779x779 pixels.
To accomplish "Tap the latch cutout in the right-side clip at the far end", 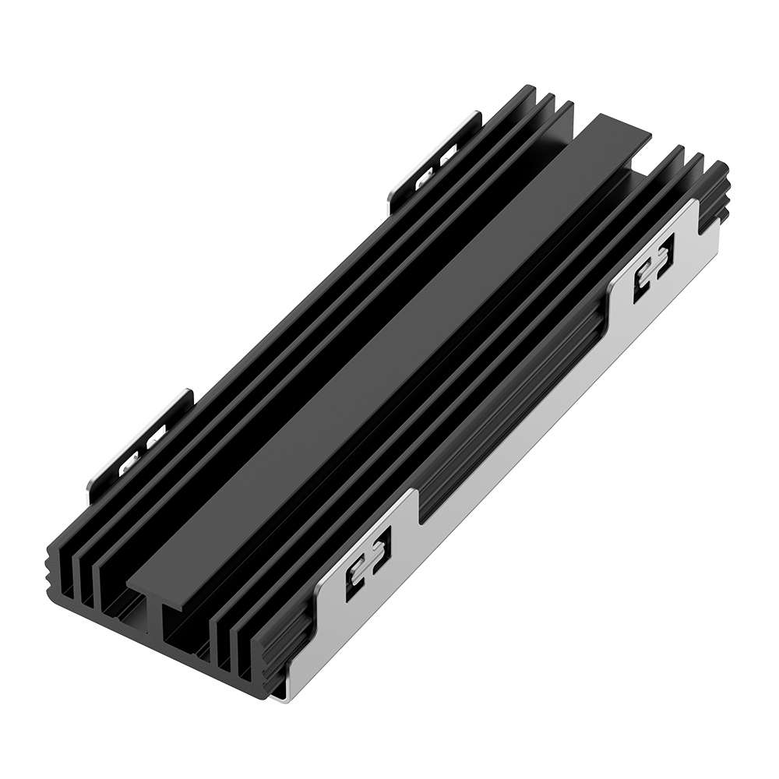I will (653, 273).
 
